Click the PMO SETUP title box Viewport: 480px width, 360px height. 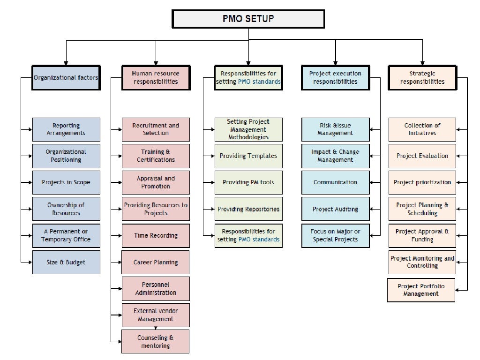point(248,19)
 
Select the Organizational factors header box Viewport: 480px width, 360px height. point(66,77)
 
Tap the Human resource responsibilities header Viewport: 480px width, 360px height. point(156,77)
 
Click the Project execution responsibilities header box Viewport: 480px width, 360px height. point(335,77)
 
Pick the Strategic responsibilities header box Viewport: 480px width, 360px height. point(422,77)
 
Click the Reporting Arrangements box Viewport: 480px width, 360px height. point(66,129)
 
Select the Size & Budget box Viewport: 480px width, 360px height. point(66,262)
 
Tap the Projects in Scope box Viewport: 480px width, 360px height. point(66,182)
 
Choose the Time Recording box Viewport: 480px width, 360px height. point(156,236)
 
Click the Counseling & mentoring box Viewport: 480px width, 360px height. point(156,342)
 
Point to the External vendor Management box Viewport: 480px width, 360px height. point(156,315)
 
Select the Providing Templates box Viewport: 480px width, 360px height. point(248,156)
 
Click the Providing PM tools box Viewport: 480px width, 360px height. point(248,182)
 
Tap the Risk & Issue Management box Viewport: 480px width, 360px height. point(335,129)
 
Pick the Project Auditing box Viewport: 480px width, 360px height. point(335,209)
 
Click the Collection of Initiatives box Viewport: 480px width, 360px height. point(422,129)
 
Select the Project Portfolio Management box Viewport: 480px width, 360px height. point(421,290)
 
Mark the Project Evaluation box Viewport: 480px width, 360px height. point(422,156)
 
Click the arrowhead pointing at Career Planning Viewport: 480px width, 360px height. point(119,262)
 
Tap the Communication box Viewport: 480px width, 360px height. point(335,182)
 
